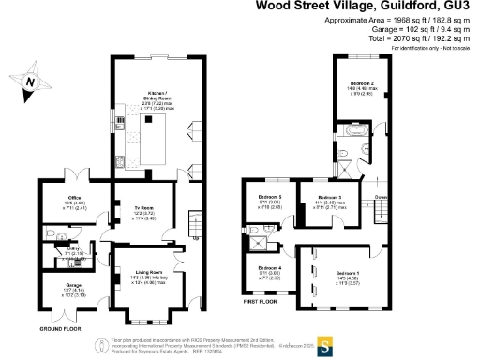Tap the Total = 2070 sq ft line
409,37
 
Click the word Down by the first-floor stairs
381,198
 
